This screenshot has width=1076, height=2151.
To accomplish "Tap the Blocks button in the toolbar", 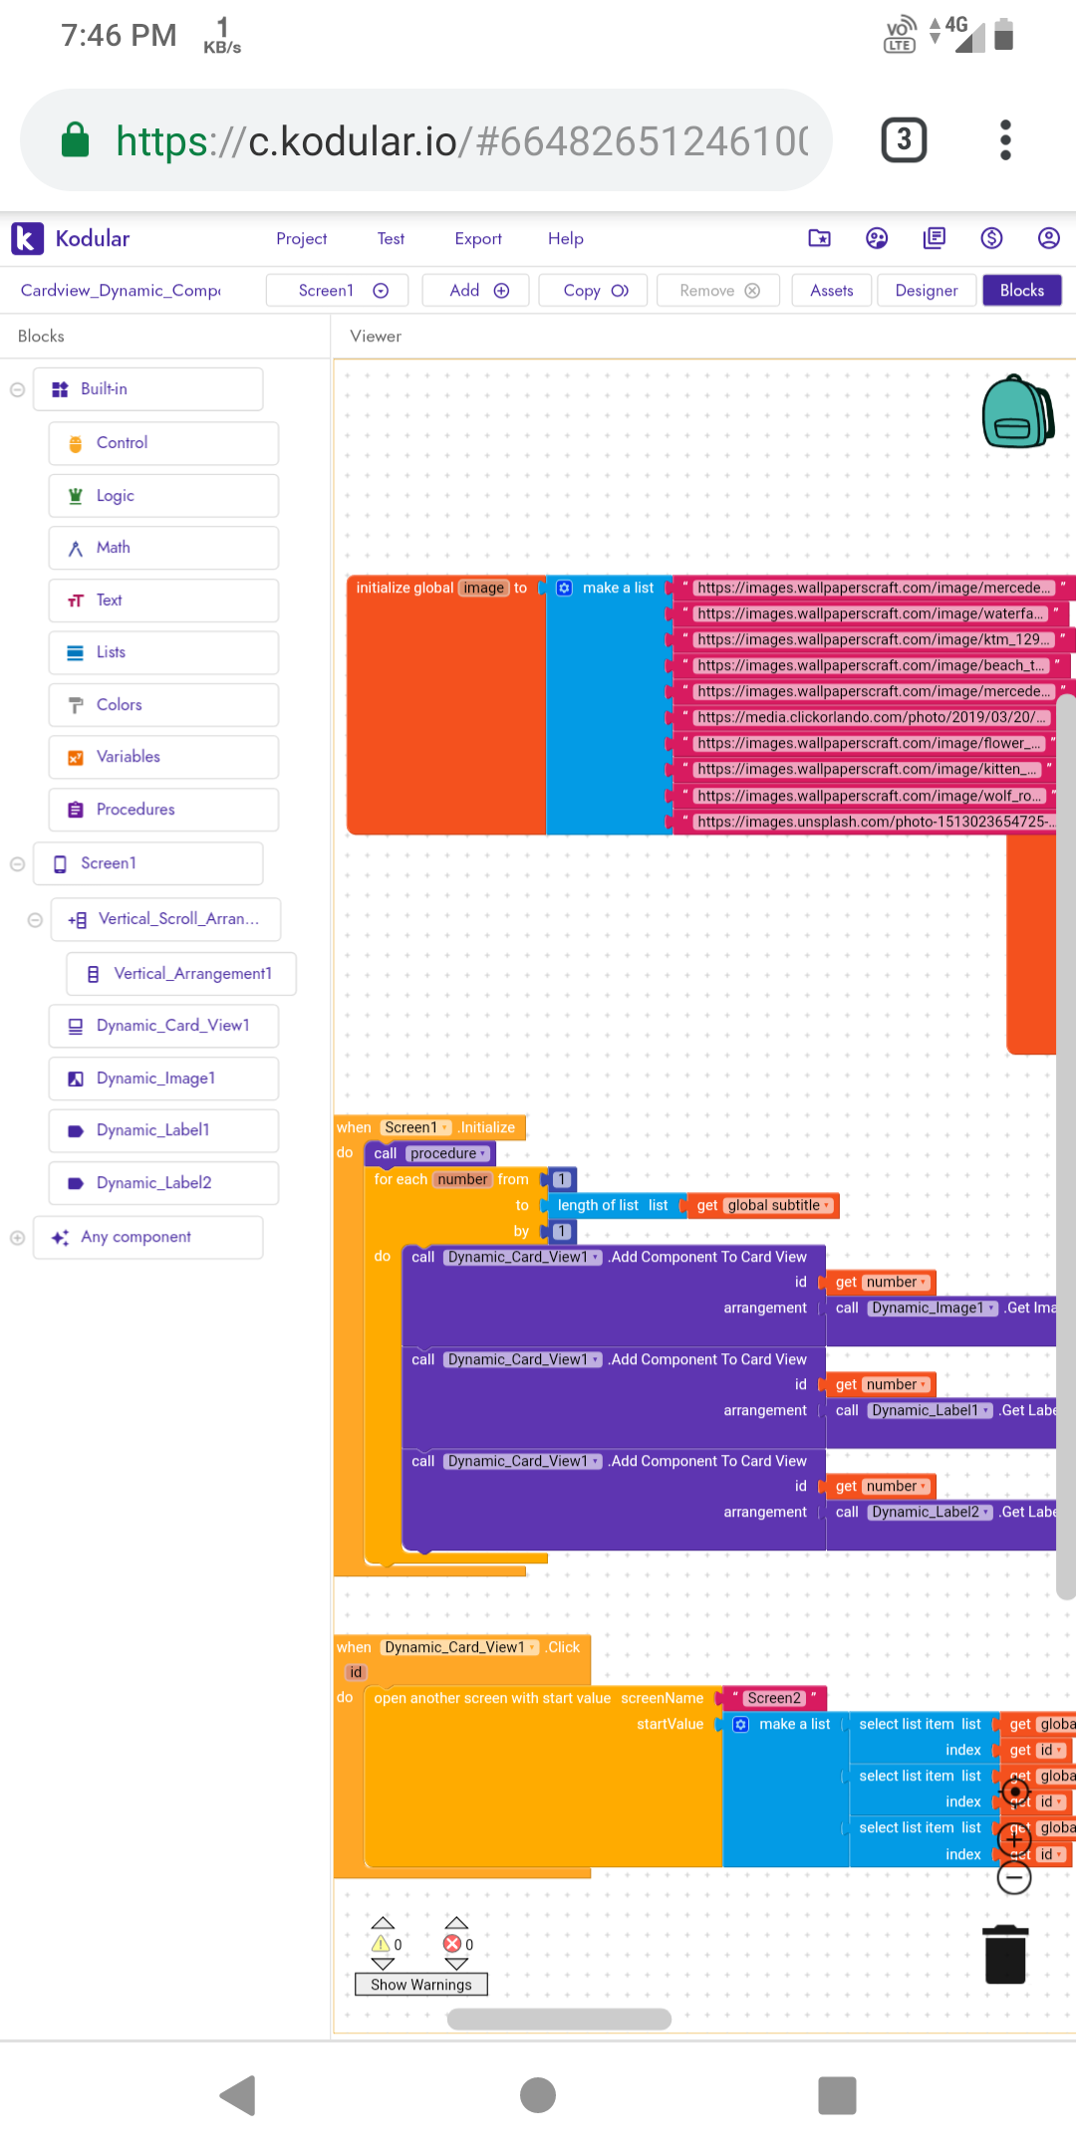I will click(x=1021, y=291).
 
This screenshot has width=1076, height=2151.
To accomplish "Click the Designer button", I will click(x=926, y=291).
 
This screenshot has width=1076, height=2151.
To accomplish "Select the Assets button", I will click(x=831, y=291).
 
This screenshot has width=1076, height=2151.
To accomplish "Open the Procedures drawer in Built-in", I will click(x=135, y=810).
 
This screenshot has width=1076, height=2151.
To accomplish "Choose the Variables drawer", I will click(x=128, y=757).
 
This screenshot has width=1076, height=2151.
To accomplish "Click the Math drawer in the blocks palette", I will click(x=113, y=548).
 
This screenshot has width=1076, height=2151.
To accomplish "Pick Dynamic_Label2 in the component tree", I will click(x=153, y=1183).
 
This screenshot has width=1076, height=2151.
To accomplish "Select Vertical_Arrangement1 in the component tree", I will click(x=192, y=974).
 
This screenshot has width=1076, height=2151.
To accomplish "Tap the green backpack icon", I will click(x=1017, y=411).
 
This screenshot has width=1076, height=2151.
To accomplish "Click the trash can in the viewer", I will click(x=1004, y=1954).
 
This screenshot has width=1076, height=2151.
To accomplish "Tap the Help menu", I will click(x=565, y=239).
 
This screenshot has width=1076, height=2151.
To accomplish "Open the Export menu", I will click(x=478, y=239).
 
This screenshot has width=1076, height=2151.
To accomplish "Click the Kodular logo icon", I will click(x=27, y=239).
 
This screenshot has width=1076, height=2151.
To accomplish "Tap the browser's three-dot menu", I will click(x=1005, y=139).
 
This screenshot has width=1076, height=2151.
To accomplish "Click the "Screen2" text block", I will click(x=774, y=1698).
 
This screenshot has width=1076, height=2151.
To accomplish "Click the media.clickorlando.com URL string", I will click(x=870, y=718).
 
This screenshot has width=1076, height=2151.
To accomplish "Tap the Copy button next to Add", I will click(x=594, y=291).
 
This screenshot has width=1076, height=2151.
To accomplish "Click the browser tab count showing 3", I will click(x=904, y=139).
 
